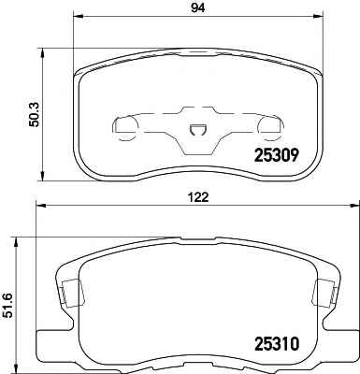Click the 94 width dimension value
click(198, 8)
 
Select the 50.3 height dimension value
click(35, 115)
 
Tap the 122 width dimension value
click(198, 197)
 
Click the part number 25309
click(277, 155)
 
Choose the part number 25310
click(277, 344)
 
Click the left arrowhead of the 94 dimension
click(78, 15)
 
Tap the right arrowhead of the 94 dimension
click(318, 15)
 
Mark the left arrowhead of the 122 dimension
click(41, 205)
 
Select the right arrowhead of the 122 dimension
click(354, 205)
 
